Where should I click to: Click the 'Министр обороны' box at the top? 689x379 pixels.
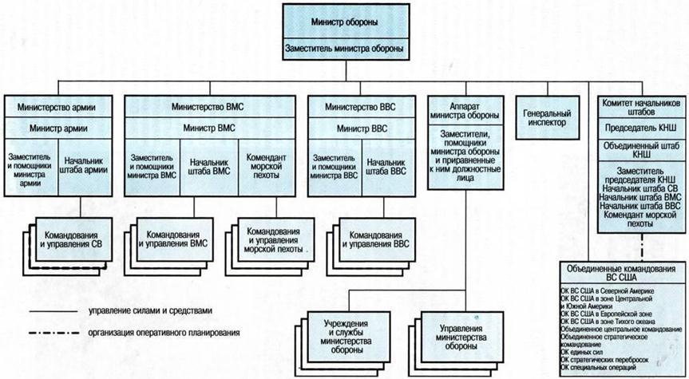(x=346, y=21)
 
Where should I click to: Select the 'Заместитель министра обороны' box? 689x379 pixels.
(x=346, y=49)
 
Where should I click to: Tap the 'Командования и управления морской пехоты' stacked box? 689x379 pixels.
(x=275, y=239)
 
